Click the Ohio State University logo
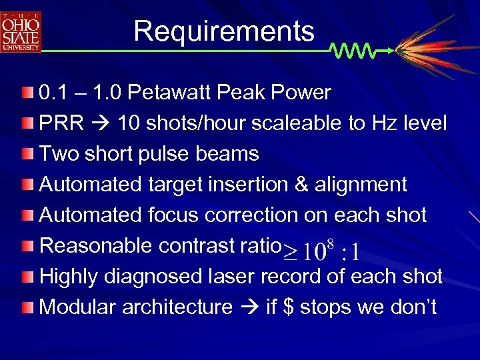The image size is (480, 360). pos(21,31)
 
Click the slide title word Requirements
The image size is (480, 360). pos(223,31)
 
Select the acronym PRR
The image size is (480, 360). pos(61,123)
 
